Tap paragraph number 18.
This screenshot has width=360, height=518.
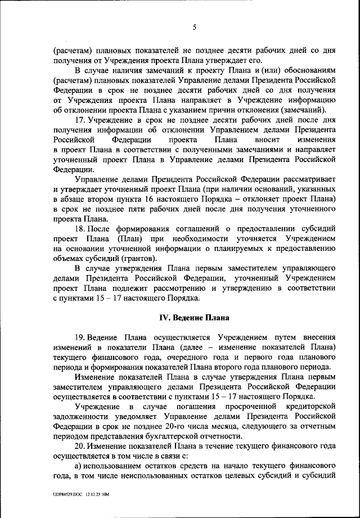(80, 229)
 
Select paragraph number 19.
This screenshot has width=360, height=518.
(80, 337)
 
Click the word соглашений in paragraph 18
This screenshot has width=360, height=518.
(193, 229)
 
